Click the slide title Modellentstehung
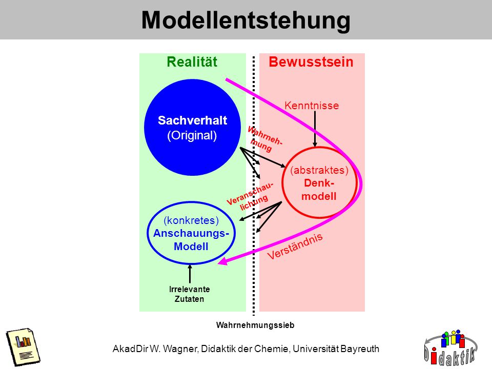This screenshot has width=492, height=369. click(245, 20)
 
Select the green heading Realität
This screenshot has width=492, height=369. click(192, 62)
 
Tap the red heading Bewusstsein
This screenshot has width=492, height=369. click(311, 62)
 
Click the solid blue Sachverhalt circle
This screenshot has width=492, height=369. click(192, 128)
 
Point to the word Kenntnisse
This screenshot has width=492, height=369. click(312, 106)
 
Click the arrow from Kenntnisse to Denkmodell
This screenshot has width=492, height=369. click(315, 129)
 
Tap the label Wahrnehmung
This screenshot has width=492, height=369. click(264, 139)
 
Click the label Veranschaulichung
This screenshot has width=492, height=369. click(250, 196)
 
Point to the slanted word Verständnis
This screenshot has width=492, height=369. click(295, 247)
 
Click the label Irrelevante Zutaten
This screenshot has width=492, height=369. click(189, 294)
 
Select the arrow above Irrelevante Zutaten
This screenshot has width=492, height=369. click(190, 274)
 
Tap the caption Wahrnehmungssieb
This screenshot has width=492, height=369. click(255, 325)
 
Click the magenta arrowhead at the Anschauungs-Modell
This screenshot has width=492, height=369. click(222, 261)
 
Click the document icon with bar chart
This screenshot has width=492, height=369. click(23, 347)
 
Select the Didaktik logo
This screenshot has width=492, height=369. click(450, 348)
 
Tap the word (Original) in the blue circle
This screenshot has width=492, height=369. click(192, 135)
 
